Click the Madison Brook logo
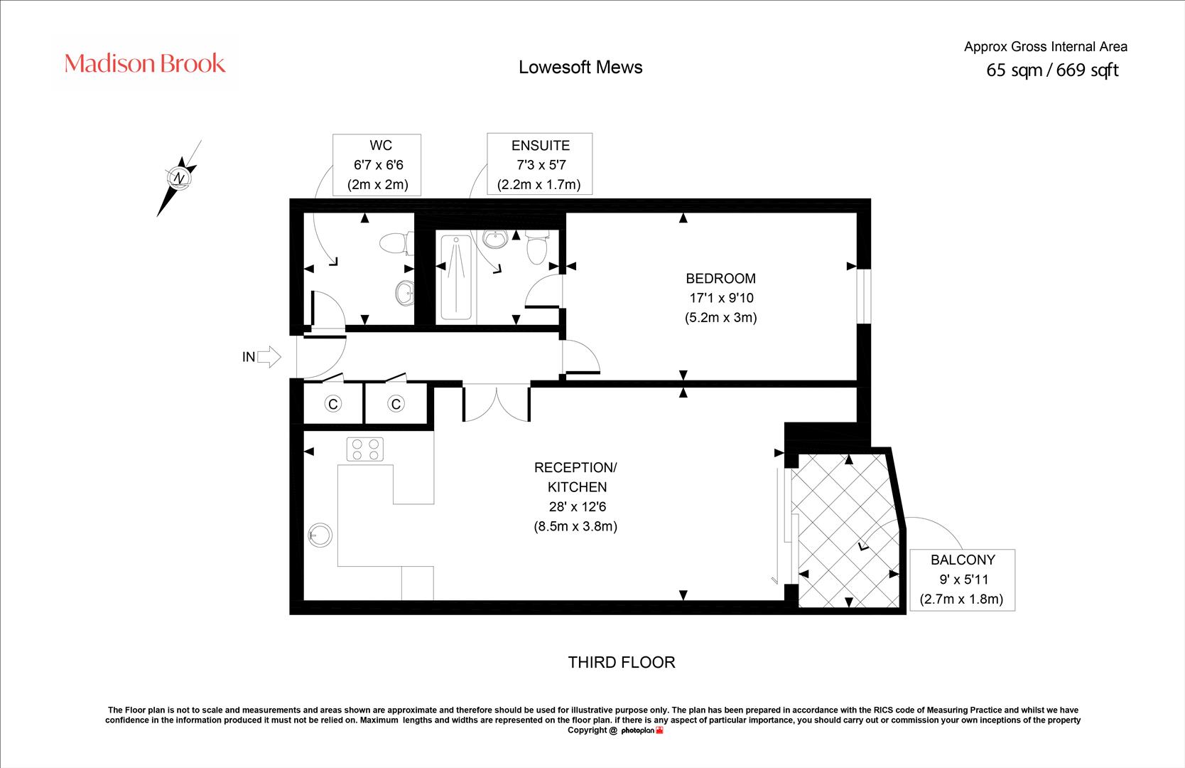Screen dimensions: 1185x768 point(144,63)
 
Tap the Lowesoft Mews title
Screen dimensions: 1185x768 point(580,68)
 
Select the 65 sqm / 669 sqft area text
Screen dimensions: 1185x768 point(1052,70)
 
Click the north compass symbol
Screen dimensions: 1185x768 point(179,178)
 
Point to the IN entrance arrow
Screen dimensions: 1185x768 point(269,357)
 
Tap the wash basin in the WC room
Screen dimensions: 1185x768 point(405,292)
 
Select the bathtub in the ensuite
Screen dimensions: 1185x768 point(456,277)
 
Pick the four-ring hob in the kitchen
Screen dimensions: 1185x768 point(365,449)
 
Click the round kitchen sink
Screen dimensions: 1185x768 point(320,535)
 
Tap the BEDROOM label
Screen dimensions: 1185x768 point(720,279)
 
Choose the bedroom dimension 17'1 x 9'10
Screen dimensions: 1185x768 point(721,298)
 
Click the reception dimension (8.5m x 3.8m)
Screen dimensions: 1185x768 point(575,526)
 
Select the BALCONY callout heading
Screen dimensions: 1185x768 point(963,560)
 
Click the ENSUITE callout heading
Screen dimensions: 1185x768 point(540,146)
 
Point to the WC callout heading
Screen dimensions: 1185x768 point(380,145)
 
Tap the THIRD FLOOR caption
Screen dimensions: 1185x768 point(622,663)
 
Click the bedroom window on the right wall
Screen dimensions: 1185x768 point(863,296)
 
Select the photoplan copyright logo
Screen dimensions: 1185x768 point(642,731)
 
